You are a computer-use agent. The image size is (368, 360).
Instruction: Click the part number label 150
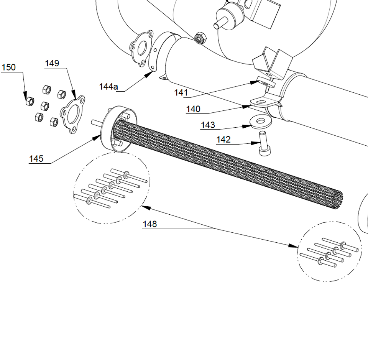pos(8,67)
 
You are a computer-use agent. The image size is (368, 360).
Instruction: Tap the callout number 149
pos(52,63)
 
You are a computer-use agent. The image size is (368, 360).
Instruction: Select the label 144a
pos(108,87)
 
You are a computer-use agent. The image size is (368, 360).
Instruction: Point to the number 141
pos(181,93)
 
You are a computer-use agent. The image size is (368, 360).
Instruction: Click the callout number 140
pos(193,109)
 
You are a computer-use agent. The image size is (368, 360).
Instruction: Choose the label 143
pos(208,125)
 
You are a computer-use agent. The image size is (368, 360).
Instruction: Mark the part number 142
pos(223,140)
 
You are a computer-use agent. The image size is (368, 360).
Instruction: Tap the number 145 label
pos(36,159)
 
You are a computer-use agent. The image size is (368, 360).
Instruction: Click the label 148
pos(150,224)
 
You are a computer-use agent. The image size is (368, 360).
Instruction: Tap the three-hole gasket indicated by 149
pos(73,114)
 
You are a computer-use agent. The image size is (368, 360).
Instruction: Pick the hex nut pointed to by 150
pos(30,101)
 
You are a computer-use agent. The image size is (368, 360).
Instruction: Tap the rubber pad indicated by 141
pos(266,81)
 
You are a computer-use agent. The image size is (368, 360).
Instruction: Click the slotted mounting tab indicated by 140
pos(262,102)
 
